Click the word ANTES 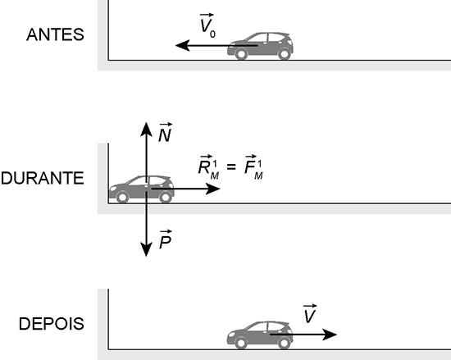click(55, 34)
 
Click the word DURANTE click(43, 178)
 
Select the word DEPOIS click(52, 324)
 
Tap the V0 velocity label click(207, 25)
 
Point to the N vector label click(166, 132)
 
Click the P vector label click(166, 239)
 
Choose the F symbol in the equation click(253, 167)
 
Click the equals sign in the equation click(231, 166)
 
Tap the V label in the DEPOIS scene click(310, 314)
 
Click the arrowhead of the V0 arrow click(182, 45)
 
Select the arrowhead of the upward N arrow click(147, 129)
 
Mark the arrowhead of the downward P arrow click(147, 249)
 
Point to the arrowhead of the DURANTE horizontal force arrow click(213, 189)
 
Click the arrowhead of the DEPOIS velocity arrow click(330, 335)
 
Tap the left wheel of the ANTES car click(241, 54)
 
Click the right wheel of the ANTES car click(285, 54)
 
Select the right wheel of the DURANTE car click(166, 198)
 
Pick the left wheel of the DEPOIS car click(241, 343)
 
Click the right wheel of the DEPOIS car click(284, 343)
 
